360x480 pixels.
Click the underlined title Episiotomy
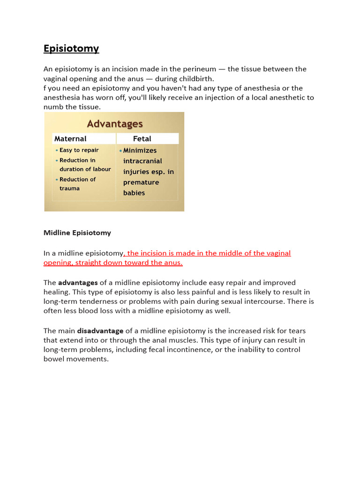pos(71,49)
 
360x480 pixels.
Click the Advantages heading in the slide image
pos(115,124)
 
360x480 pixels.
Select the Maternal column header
pos(70,139)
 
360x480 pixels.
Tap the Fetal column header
pos(142,139)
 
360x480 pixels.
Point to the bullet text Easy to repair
pos(79,150)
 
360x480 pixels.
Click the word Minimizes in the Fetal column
pos(140,150)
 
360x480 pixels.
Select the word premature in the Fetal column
pos(141,182)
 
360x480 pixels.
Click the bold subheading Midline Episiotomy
pos(77,232)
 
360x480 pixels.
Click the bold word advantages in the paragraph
pos(78,283)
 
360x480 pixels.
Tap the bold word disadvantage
pos(100,331)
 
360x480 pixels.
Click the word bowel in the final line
pos(53,360)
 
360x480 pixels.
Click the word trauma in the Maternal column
pos(69,188)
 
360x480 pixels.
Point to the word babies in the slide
pos(134,193)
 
